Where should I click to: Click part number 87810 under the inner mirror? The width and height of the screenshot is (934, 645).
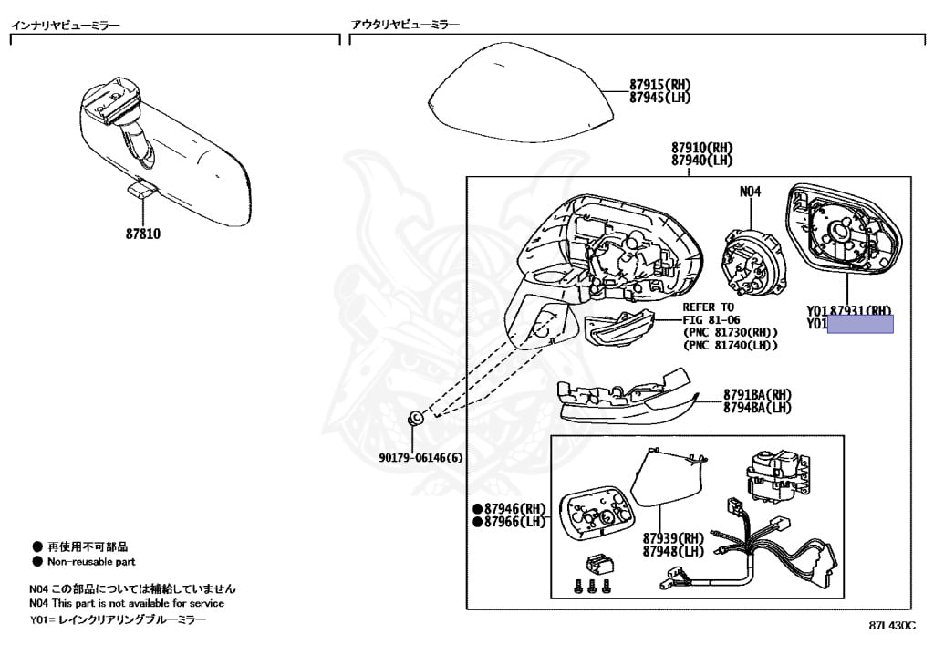tap(143, 234)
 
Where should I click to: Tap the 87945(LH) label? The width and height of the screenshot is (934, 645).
tap(660, 98)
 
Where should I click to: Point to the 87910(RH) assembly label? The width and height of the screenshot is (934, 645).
tap(702, 148)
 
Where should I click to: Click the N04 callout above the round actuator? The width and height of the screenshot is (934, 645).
tap(750, 192)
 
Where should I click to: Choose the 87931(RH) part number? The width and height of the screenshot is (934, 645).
tap(860, 310)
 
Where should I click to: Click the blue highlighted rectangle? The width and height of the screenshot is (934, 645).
tap(859, 324)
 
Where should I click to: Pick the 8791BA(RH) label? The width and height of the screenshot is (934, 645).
tap(757, 395)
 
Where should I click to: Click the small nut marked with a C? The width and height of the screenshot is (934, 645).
tap(414, 418)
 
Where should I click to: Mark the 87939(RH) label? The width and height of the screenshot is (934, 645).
tap(673, 538)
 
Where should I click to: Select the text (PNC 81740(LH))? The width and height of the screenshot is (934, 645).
tap(730, 345)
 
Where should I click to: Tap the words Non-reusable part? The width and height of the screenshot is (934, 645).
tap(91, 562)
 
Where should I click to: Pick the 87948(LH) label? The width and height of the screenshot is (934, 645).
tap(673, 551)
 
